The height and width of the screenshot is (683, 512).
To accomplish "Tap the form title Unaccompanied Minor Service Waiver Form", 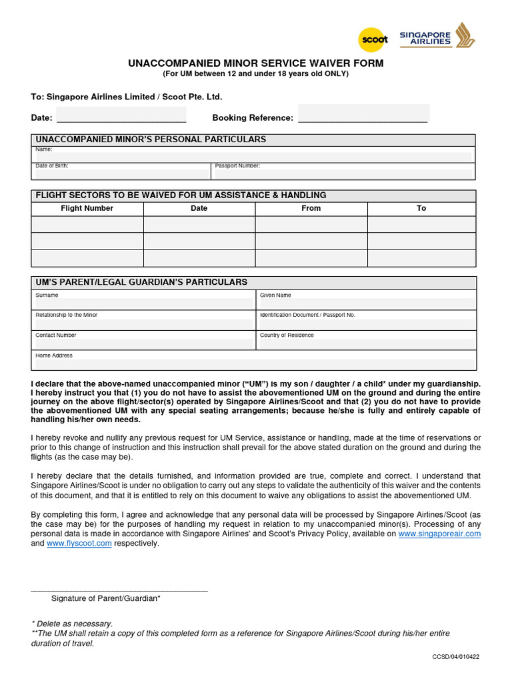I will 255,63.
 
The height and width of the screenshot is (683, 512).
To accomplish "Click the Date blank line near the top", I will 121,117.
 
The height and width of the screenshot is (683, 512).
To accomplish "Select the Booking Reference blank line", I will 363,117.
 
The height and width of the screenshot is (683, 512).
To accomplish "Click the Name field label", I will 44,149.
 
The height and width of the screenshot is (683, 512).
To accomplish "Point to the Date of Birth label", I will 52,165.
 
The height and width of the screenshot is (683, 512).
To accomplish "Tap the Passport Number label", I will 237,165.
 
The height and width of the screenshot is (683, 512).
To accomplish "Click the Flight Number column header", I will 87,208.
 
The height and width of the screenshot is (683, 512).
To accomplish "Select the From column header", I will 311,208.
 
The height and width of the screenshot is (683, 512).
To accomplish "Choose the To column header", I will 421,208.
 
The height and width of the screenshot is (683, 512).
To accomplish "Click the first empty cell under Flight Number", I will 87,225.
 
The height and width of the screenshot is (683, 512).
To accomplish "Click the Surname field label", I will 47,295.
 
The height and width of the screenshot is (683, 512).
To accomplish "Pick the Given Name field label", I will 275,295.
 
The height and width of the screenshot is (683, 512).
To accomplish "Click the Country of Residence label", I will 287,335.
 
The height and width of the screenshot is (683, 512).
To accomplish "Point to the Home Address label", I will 54,356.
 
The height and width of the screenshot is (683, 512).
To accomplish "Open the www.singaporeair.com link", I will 439,534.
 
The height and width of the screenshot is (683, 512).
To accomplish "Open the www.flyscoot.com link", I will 79,544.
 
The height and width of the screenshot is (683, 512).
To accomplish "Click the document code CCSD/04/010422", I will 455,656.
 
